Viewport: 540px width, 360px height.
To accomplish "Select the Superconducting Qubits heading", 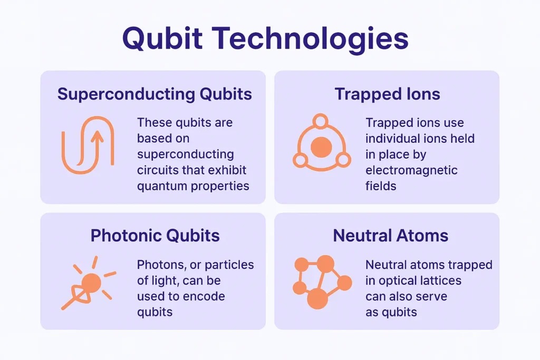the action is tap(155, 94).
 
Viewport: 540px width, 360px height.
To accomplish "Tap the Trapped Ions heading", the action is tap(388, 94).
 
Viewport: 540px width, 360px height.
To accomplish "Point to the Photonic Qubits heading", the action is tap(155, 236).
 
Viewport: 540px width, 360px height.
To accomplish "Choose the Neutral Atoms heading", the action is tap(391, 236).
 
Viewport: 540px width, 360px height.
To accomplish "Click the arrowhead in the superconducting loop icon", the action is tap(98, 137).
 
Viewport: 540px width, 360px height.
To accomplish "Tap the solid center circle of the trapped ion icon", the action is tap(321, 147).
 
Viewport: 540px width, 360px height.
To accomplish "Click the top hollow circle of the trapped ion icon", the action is tap(320, 121).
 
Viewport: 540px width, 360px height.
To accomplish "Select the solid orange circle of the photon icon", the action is tap(91, 283).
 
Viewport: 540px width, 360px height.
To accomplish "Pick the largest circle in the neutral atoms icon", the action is tap(317, 298).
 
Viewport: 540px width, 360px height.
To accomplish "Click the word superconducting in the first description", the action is tap(185, 154).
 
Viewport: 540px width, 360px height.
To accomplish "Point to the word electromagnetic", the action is tap(411, 170).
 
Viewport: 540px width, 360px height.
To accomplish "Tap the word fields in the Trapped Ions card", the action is tap(381, 186).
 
